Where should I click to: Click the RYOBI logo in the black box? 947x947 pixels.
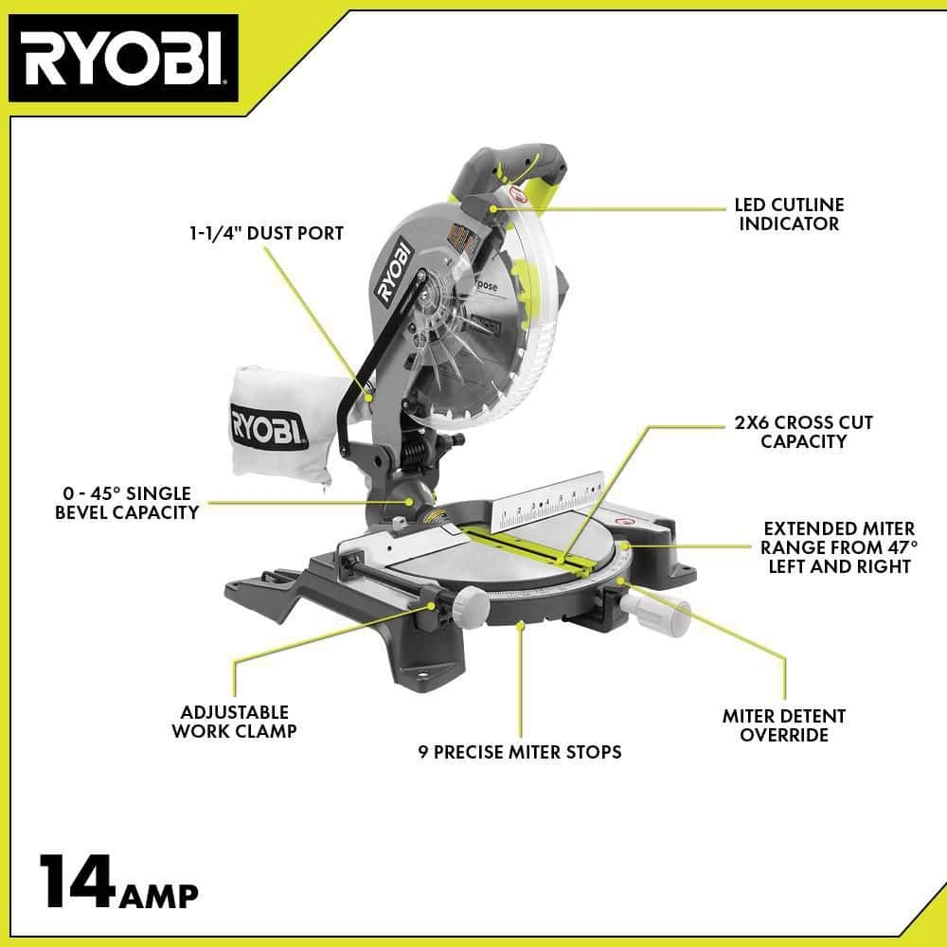[123, 60]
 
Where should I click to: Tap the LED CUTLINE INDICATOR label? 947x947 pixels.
[788, 214]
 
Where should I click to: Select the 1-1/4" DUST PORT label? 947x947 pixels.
[265, 232]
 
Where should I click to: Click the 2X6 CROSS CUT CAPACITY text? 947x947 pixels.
[803, 431]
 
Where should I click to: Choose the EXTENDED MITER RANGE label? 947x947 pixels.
[839, 547]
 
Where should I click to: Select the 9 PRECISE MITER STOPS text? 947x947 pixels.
[520, 752]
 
